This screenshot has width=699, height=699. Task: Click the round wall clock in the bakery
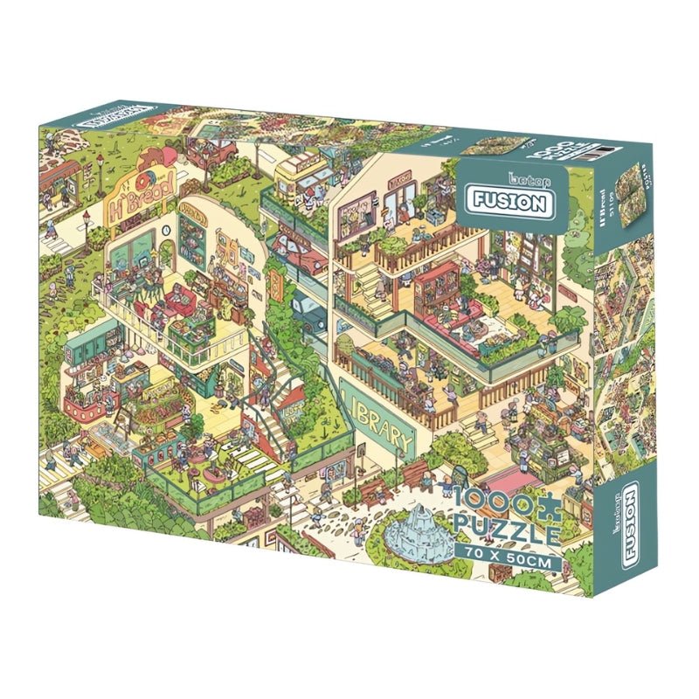(165, 230)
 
